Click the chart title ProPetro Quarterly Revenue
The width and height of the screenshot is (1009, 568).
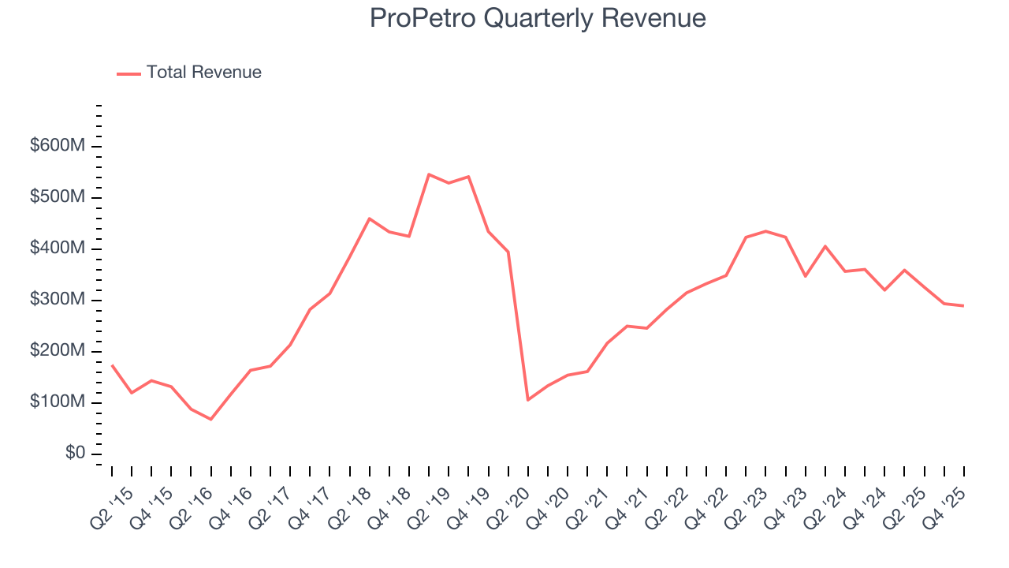(538, 18)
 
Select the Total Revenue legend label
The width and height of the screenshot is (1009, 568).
(203, 73)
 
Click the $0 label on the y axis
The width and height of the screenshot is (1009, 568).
(76, 454)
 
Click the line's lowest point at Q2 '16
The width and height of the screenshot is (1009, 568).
(210, 419)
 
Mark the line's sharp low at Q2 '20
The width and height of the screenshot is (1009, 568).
(527, 400)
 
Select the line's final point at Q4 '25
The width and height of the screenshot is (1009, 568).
(963, 305)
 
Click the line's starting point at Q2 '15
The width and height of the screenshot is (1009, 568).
(112, 365)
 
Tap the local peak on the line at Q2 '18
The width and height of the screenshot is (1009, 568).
(369, 219)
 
